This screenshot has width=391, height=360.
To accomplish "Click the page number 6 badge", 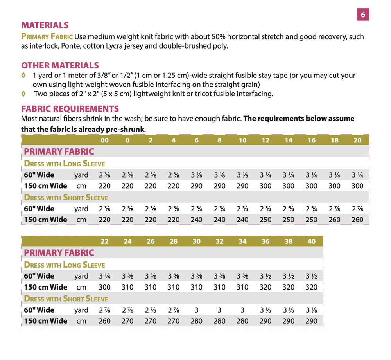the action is tap(363, 14).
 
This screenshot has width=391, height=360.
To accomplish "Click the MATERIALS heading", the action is tap(45, 25).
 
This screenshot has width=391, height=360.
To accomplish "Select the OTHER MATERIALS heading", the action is tap(60, 65).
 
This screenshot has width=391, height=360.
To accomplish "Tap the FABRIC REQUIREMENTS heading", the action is tap(70, 109).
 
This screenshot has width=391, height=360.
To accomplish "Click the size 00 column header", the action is tap(104, 140).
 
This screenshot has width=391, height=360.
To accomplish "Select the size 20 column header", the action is tap(357, 140).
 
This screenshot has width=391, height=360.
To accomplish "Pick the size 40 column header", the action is tap(312, 241).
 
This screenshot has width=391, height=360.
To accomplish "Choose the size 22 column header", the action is tap(104, 241).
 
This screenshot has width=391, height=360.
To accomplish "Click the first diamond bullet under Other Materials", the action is tap(23, 75).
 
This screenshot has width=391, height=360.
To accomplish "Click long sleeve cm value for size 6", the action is tap(197, 186).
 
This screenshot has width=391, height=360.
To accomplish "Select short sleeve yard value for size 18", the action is tap(334, 209).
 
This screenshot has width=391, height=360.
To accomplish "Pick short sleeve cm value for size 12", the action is tap(265, 220).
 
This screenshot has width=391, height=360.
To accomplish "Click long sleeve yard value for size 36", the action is tap(265, 276).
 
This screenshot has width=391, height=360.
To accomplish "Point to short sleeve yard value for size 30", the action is tap(197, 310).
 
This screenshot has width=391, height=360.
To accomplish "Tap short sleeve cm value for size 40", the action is tap(312, 321).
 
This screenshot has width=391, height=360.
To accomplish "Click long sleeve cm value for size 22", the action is tap(104, 287).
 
